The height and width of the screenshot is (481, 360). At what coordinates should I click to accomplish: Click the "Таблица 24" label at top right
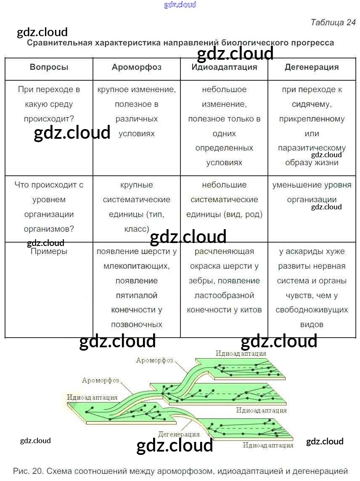coord(333,22)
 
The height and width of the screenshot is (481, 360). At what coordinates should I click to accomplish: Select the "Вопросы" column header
coord(49,67)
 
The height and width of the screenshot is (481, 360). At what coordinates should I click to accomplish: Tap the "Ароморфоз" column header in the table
coord(137,67)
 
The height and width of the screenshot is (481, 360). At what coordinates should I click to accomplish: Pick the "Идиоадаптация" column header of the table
coord(224,67)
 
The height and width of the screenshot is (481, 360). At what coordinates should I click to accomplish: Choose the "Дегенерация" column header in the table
coord(312,67)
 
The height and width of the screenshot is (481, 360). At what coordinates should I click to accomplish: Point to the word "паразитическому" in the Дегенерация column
coord(312,148)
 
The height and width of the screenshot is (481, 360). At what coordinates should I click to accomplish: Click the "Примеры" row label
coord(49,251)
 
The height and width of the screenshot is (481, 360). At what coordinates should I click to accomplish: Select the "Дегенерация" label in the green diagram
coord(179,434)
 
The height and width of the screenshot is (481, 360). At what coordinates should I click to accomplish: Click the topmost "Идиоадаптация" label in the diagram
coord(241,353)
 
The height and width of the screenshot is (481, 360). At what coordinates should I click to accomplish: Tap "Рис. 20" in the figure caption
coord(29,471)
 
